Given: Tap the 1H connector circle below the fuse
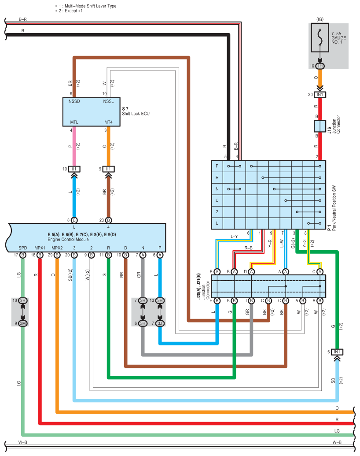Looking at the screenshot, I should [320, 66].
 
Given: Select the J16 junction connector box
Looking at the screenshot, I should [320, 127].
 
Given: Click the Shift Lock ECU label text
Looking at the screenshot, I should [136, 114].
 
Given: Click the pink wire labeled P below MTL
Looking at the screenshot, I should [73, 145].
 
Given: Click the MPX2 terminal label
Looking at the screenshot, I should [57, 248].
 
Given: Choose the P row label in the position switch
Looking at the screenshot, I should [217, 166].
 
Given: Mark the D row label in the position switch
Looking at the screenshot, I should [217, 200].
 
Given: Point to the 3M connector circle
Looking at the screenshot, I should [23, 323].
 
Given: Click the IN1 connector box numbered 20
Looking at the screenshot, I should [320, 95].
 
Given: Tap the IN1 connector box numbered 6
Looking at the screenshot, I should [337, 352].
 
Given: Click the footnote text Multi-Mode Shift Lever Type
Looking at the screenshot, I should [90, 6].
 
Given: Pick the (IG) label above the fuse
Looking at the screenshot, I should [320, 19].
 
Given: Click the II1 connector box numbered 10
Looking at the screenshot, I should [73, 169].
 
